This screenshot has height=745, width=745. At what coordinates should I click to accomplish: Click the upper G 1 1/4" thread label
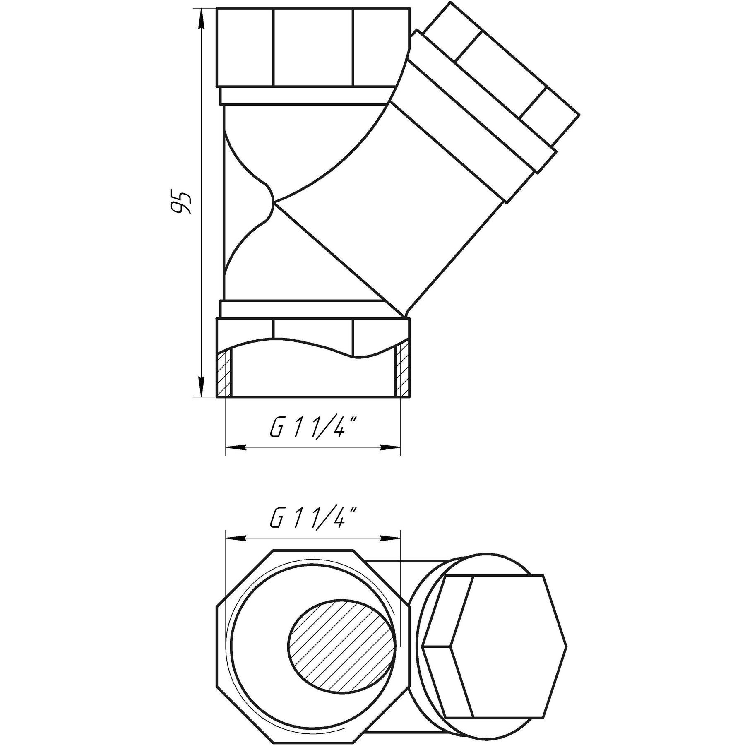tap(313, 431)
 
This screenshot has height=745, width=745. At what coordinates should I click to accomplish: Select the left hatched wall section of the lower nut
tap(224, 372)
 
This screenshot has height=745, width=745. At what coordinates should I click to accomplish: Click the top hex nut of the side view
tap(313, 47)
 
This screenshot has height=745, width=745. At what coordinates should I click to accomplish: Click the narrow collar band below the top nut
tap(306, 96)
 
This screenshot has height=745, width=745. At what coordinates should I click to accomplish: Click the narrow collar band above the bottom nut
tap(306, 309)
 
